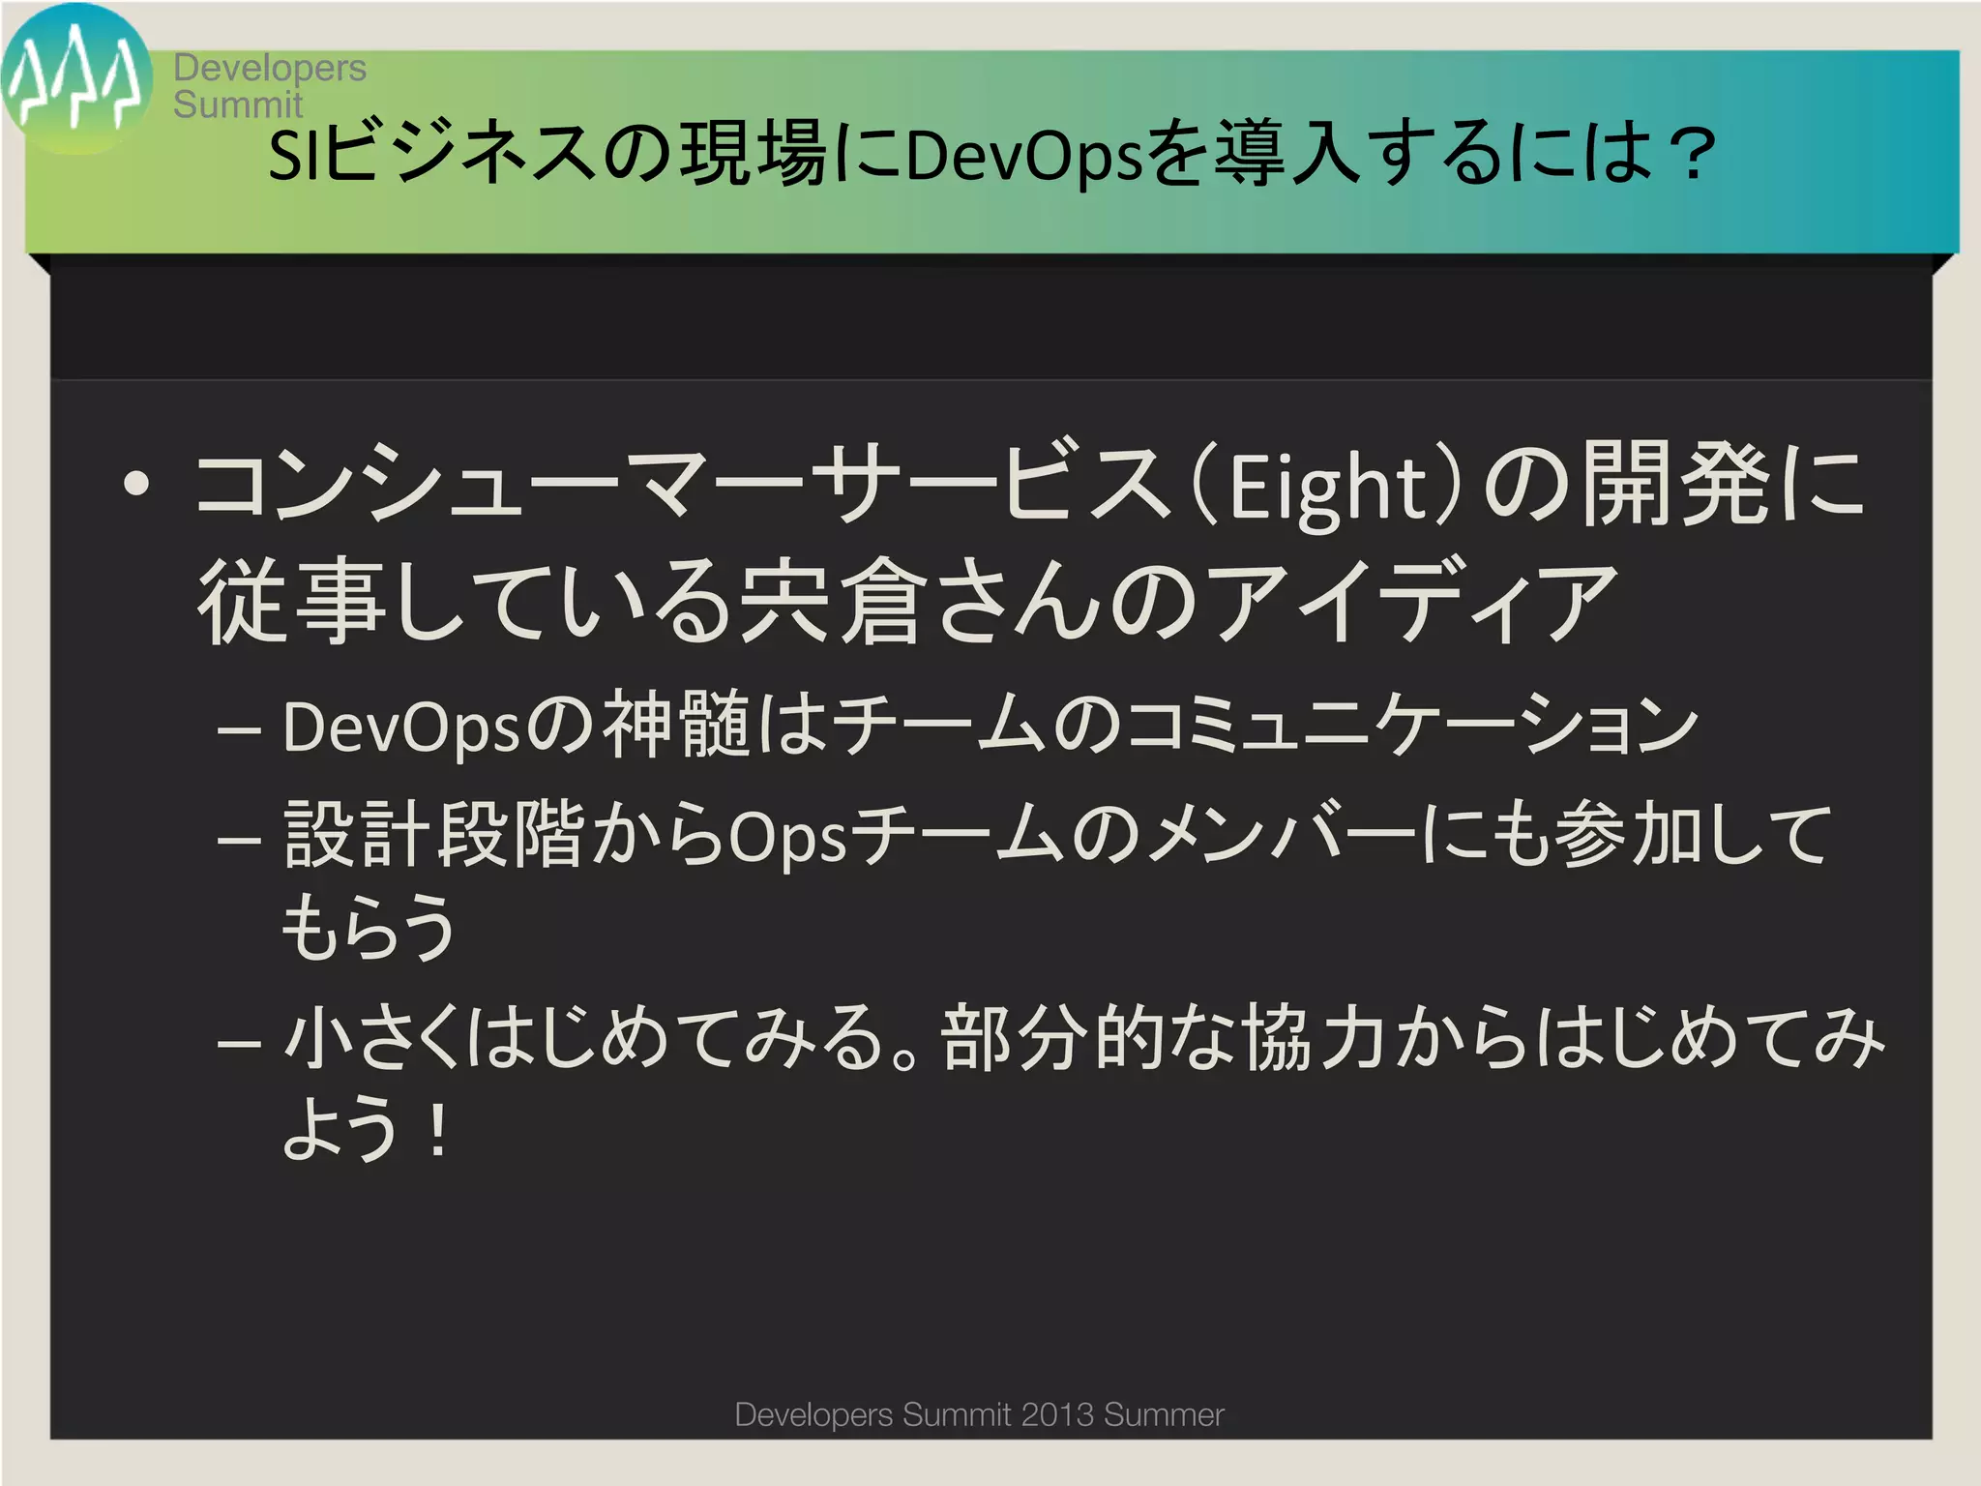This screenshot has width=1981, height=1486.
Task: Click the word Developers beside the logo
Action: pos(270,68)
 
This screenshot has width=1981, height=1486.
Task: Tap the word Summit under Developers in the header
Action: pos(238,104)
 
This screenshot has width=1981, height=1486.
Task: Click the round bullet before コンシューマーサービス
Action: pos(136,483)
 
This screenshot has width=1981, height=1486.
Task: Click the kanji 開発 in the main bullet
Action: pos(1678,484)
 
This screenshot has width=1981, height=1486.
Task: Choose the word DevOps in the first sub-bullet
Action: pos(401,728)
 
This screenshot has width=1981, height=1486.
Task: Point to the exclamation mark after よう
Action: pos(438,1131)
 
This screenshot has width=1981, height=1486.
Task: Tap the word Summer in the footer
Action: pos(1164,1414)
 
